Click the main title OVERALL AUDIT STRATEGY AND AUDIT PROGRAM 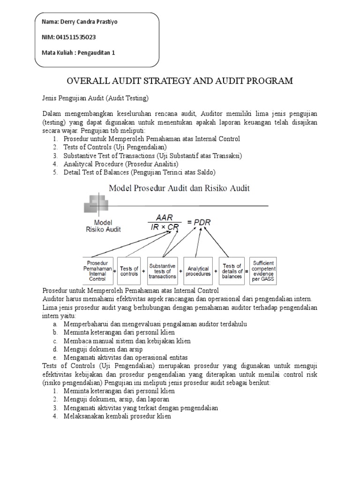[x=180, y=81]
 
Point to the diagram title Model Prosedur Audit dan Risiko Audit [x=180, y=188]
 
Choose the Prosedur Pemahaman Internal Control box [x=97, y=270]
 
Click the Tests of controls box [x=129, y=271]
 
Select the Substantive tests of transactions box [x=162, y=270]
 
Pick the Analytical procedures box [x=198, y=271]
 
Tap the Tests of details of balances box [x=232, y=271]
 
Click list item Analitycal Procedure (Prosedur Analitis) [x=121, y=164]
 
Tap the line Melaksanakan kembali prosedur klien [x=117, y=416]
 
